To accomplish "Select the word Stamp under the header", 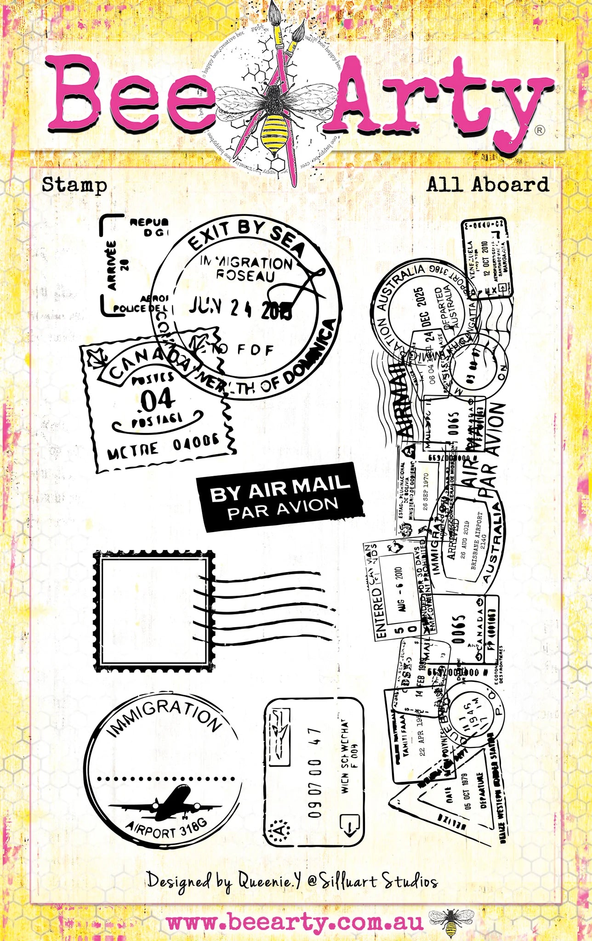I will click(x=74, y=185).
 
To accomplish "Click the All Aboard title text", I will click(x=488, y=185).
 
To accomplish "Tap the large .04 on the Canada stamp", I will click(x=156, y=401).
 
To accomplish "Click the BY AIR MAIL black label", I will click(x=280, y=497).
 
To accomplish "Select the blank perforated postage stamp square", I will click(x=154, y=611).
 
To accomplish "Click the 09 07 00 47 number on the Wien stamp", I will click(x=315, y=772).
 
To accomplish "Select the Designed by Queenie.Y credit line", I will click(x=292, y=880).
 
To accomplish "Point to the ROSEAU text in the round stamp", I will click(x=245, y=276).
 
